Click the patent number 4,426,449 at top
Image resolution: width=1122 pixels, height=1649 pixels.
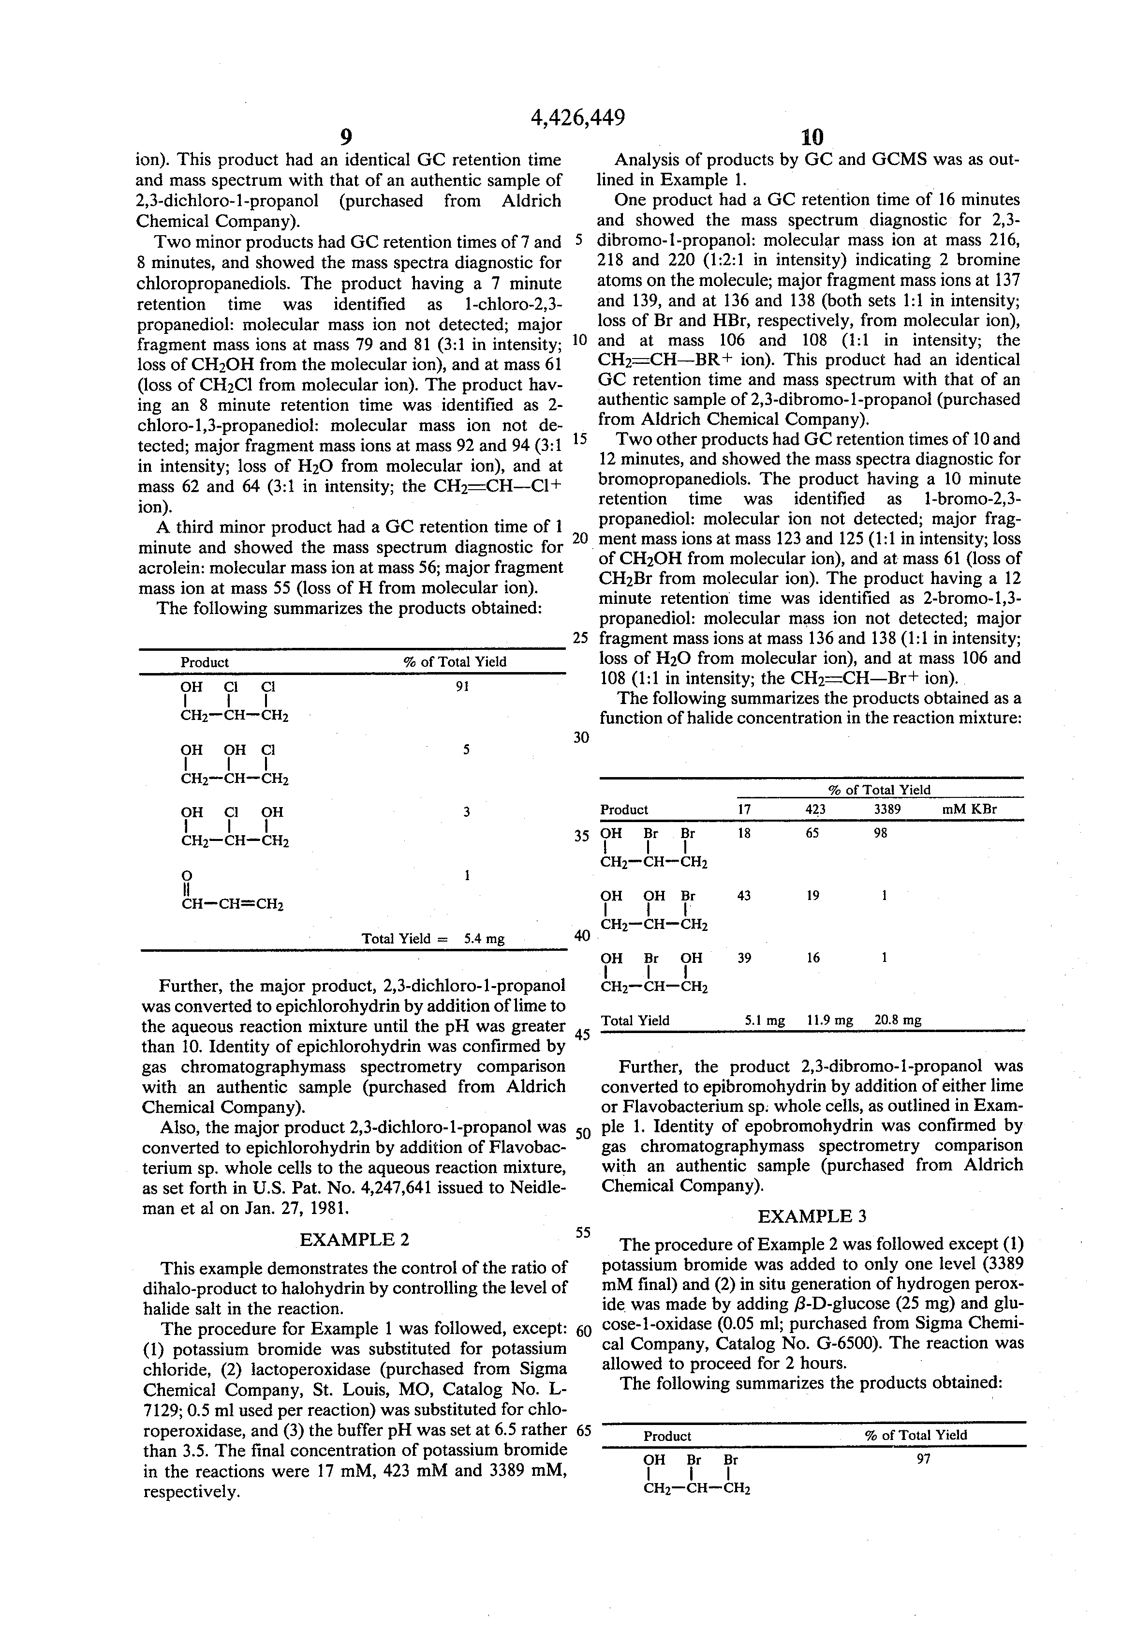577,116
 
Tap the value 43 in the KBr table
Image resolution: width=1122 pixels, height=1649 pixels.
744,896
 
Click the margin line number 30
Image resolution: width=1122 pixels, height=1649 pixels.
581,738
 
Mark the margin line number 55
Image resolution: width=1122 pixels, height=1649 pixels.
583,1232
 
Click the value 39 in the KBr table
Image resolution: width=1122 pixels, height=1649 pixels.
744,958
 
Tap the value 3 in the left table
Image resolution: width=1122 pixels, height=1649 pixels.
466,812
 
